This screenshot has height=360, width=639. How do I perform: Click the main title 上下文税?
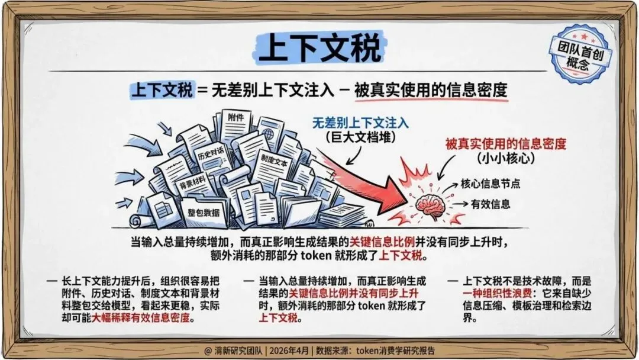coord(320,48)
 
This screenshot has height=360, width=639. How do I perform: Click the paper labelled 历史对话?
coord(211,150)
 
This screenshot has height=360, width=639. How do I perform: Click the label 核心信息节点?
coord(490,183)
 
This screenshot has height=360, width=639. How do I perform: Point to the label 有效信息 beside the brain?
coord(490,204)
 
